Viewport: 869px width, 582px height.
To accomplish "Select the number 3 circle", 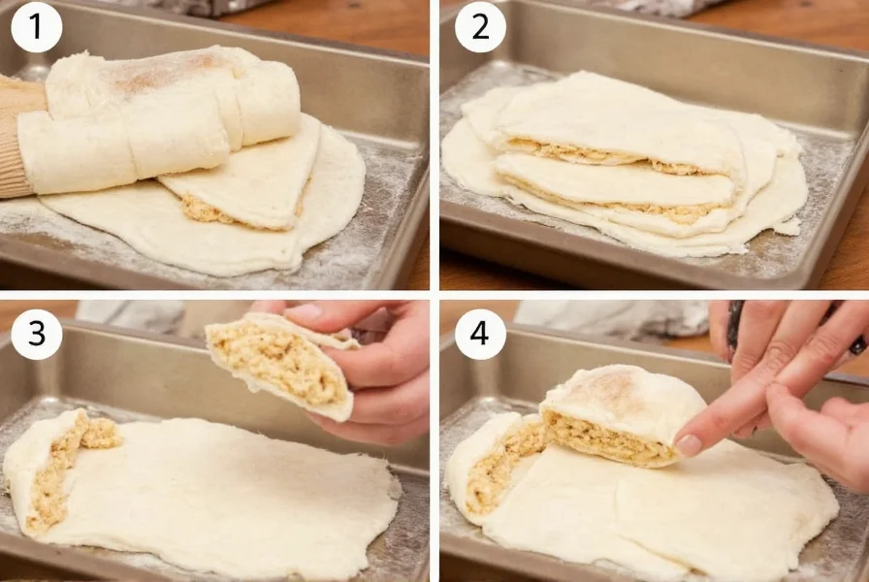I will (x=36, y=335).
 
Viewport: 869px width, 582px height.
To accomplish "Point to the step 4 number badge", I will (x=480, y=335).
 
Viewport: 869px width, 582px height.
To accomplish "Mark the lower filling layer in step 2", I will (x=621, y=207).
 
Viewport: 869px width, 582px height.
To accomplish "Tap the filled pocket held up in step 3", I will (x=281, y=364).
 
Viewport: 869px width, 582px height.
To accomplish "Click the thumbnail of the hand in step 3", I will (x=306, y=312).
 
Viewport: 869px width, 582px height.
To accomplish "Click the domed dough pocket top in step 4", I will (x=621, y=393).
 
